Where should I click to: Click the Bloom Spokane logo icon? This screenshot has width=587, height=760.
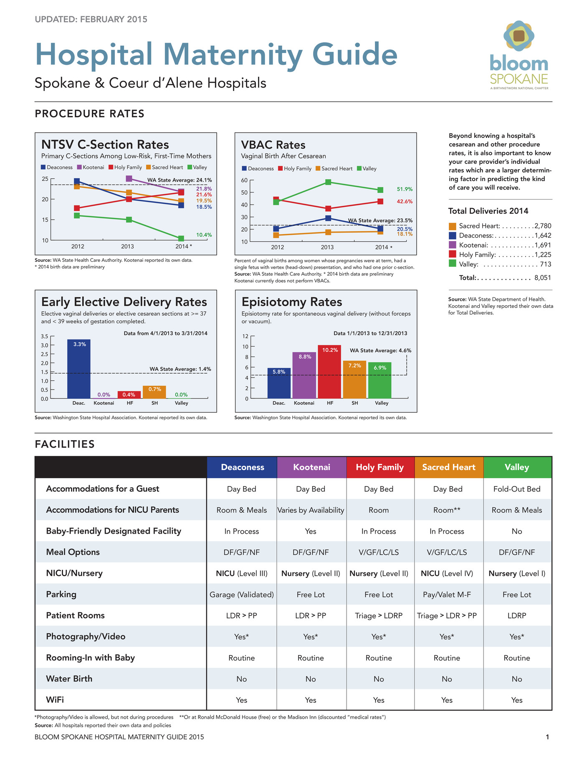click(519, 36)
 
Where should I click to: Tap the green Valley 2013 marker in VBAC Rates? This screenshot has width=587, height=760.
click(328, 182)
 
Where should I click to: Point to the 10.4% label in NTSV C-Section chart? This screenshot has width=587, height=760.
click(204, 235)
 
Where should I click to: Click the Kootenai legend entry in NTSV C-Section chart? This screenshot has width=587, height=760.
click(91, 167)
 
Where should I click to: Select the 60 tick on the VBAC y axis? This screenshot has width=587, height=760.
click(245, 180)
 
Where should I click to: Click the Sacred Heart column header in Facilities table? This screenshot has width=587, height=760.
click(448, 467)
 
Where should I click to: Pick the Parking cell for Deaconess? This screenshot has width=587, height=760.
click(242, 595)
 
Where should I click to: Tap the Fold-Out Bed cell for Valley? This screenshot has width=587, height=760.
click(517, 489)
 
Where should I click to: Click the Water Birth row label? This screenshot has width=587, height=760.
click(69, 679)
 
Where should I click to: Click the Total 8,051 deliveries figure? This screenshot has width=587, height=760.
click(542, 278)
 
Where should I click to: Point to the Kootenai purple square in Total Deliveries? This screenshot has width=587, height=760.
click(452, 245)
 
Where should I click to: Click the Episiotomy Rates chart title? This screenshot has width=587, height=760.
click(292, 302)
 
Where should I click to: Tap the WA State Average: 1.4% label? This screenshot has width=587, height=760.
click(180, 369)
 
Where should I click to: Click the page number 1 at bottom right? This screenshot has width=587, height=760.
click(547, 737)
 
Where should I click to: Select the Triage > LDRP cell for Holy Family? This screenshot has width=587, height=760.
click(379, 616)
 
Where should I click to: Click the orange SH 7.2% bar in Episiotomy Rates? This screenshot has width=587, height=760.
click(354, 379)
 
